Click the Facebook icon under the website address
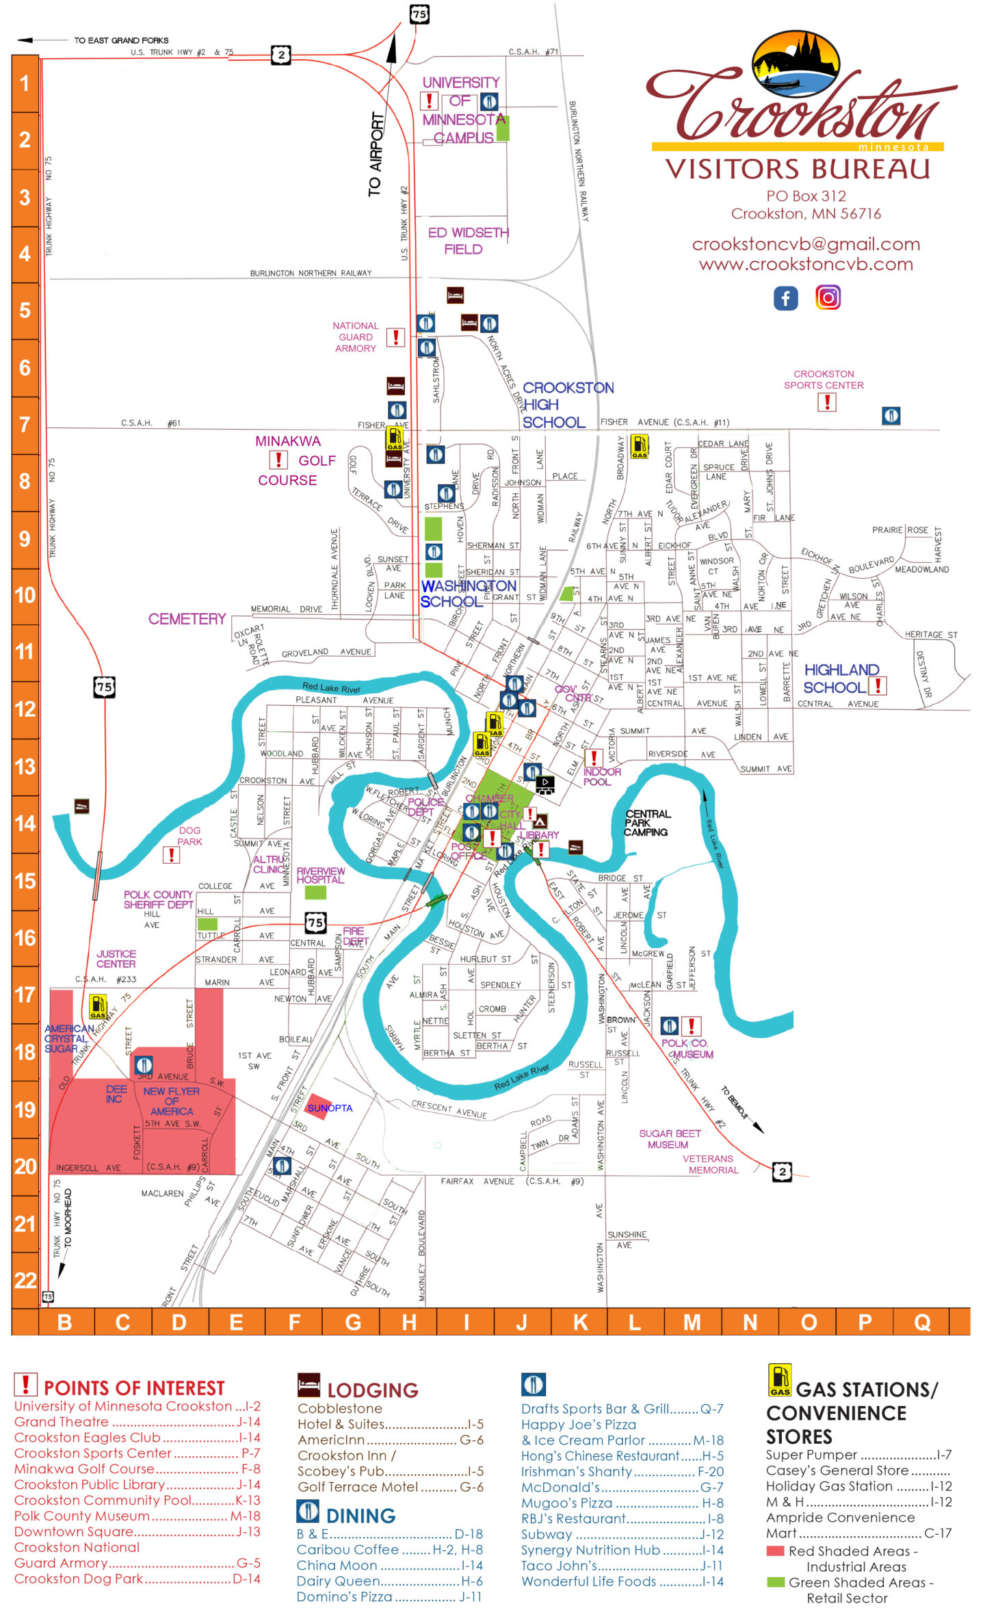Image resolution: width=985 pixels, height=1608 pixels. coord(785,298)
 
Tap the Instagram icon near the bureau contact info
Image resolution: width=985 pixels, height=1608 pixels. coord(828,298)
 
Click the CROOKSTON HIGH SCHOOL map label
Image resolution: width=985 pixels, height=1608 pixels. coord(567,405)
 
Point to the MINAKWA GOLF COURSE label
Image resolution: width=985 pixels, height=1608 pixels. coord(295,460)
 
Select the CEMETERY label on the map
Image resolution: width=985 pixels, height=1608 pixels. coord(187,619)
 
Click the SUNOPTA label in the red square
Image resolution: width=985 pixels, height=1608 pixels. coord(330,1108)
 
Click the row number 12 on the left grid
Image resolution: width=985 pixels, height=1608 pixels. coord(25,709)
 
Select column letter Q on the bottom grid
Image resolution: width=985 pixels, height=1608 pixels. coord(921,1322)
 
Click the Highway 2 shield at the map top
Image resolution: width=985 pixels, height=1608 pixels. coord(281,55)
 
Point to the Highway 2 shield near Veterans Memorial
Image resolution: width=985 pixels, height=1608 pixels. coord(782,1172)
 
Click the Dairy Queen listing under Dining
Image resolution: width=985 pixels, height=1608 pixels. coord(338,1581)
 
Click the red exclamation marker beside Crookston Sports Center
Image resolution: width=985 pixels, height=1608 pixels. coord(827,403)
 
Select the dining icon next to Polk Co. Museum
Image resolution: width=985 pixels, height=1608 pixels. coord(670,1025)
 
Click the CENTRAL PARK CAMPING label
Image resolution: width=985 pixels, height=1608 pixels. coord(647,823)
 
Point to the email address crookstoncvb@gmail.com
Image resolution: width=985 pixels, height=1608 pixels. coord(806,244)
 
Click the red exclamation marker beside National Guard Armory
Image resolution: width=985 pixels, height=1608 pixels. coord(395,337)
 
